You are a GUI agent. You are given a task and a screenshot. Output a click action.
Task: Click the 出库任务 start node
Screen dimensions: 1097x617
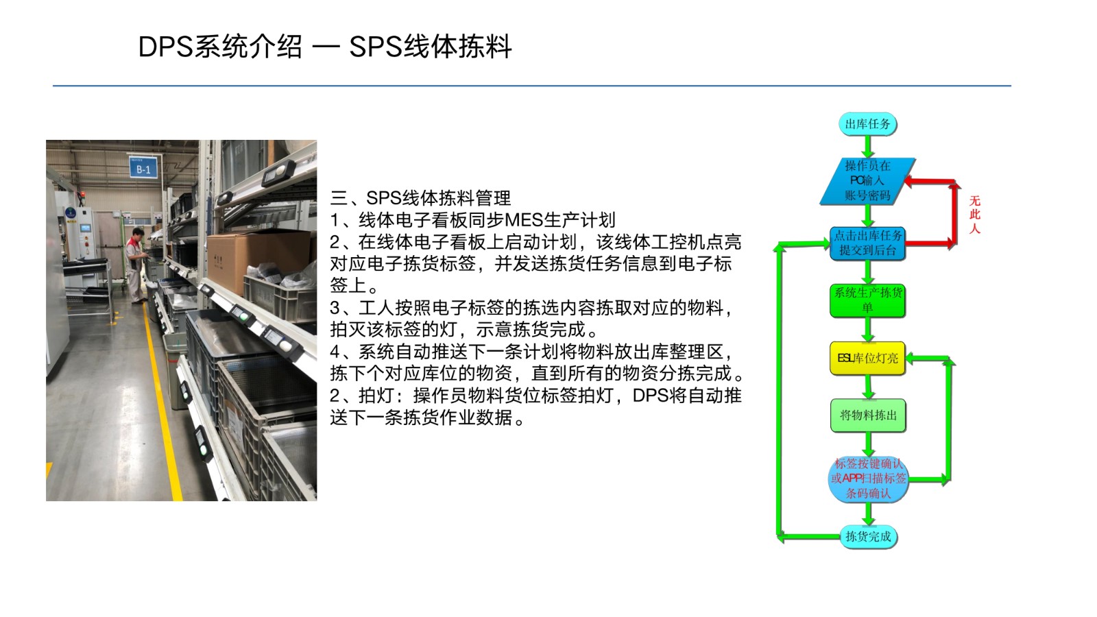coord(868,124)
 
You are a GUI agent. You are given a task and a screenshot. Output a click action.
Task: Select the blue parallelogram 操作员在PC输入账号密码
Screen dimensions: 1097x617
coord(868,181)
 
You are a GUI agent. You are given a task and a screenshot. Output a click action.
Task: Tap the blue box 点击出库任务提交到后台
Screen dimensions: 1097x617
coord(868,243)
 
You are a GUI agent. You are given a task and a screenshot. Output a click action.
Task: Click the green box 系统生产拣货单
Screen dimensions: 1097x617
coord(868,300)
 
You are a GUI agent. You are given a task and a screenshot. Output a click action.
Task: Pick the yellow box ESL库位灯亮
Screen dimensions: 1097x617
coord(868,359)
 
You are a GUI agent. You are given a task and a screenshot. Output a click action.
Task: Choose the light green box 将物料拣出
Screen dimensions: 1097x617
coord(868,415)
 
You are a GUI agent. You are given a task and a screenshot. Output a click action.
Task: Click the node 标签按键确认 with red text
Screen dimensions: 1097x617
coord(868,479)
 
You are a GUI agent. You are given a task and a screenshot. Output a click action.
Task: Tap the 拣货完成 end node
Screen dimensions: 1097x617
coord(868,537)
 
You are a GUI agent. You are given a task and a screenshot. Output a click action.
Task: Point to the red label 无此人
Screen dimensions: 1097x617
coord(974,215)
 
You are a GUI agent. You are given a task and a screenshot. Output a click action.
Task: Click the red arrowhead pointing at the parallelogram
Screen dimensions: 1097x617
coord(909,182)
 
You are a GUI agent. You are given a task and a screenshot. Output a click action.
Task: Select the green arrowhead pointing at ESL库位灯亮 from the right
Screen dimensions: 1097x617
coord(911,359)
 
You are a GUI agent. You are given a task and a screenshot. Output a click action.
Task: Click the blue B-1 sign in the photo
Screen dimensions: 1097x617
coord(143,167)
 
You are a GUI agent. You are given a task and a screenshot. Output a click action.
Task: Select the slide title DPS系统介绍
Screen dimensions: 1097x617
coord(220,47)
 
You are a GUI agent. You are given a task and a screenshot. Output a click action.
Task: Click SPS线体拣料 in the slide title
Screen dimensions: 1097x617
coord(431,47)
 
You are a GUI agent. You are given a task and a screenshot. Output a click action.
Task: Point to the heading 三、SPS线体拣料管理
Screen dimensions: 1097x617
coord(420,198)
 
